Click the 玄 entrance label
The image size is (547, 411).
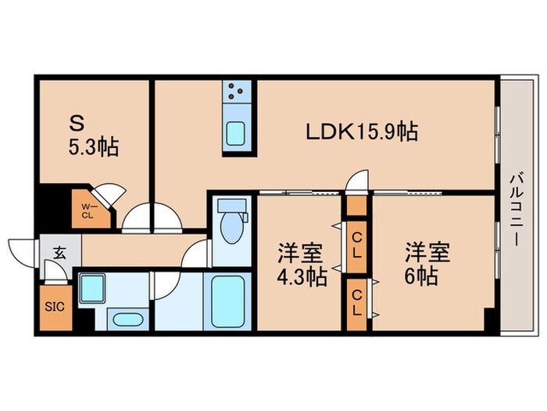[59, 251]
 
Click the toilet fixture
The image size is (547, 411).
[231, 223]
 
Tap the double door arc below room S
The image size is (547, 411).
[153, 219]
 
